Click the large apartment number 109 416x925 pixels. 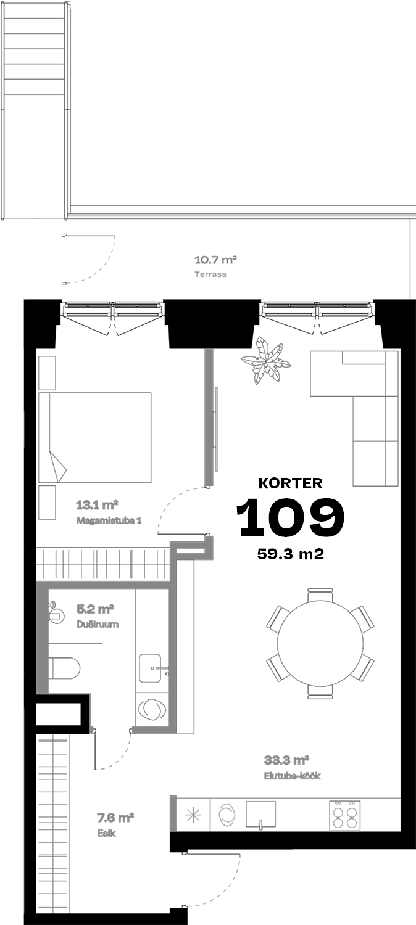coord(291,517)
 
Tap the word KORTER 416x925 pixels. coord(291,483)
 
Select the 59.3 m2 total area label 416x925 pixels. coord(291,554)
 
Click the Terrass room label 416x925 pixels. coord(210,274)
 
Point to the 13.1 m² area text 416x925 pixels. coord(97,504)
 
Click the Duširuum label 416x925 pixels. coord(98,624)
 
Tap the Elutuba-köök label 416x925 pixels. coord(292,776)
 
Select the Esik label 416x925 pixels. coord(106,833)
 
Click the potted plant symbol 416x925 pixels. coord(266,360)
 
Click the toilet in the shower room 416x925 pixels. coord(64,668)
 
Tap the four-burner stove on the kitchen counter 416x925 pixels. coord(344,815)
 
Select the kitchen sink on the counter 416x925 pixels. coord(260,815)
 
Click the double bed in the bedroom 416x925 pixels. coord(94,437)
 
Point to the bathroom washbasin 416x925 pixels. coord(150,668)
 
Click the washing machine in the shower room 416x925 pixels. coord(152,709)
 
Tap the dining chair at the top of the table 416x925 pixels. coord(320,595)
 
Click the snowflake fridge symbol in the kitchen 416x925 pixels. coord(193,815)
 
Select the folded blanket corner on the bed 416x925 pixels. coord(57,466)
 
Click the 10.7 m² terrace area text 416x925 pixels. coord(215,260)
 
